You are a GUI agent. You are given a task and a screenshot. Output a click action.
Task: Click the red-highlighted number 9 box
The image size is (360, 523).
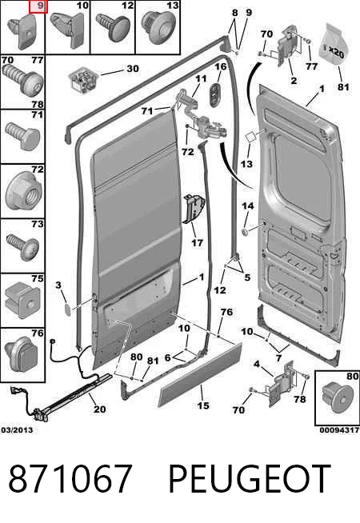pyautogui.click(x=38, y=6)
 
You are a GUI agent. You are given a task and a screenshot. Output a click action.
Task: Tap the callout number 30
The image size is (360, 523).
pyautogui.click(x=133, y=69)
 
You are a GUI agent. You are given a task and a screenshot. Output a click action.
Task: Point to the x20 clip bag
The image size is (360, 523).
pyautogui.click(x=335, y=44)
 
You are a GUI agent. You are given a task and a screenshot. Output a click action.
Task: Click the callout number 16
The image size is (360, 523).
pyautogui.click(x=221, y=66)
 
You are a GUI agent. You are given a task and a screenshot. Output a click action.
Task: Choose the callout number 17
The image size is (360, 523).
pyautogui.click(x=197, y=242)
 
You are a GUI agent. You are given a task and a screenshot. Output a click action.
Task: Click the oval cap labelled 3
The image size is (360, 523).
pyautogui.click(x=68, y=309)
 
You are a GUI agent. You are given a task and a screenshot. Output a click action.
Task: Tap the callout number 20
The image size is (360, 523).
pyautogui.click(x=99, y=409)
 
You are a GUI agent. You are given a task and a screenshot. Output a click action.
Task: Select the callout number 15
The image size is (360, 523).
pyautogui.click(x=203, y=405)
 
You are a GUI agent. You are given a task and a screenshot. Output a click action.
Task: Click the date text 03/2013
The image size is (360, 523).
pyautogui.click(x=17, y=429)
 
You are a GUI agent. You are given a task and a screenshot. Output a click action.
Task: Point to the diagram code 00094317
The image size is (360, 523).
pyautogui.click(x=339, y=430)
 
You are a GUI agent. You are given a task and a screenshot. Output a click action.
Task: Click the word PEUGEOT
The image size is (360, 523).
pyautogui.click(x=250, y=479)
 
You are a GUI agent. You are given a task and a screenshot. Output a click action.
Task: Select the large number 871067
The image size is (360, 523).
pyautogui.click(x=70, y=479)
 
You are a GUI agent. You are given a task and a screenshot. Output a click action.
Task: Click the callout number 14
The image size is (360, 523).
pyautogui.click(x=247, y=206)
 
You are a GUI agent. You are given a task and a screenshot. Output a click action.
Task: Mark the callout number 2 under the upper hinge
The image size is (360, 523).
pyautogui.click(x=294, y=81)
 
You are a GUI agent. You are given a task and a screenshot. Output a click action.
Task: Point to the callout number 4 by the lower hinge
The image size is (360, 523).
pyautogui.click(x=256, y=364)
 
